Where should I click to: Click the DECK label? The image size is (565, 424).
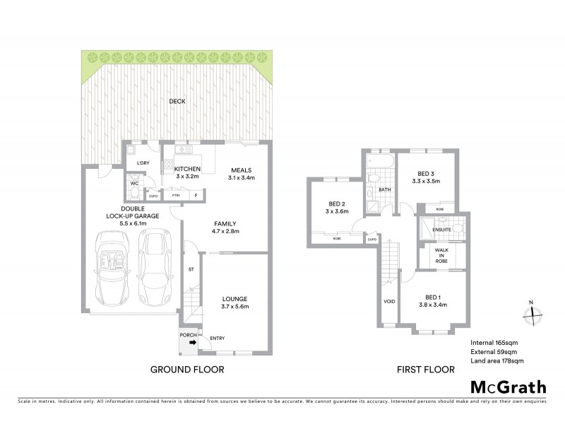click(x=177, y=101)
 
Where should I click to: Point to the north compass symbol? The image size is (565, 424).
click(x=531, y=316)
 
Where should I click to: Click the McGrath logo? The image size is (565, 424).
click(x=508, y=387)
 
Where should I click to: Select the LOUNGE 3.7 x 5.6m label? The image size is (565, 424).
click(x=234, y=302)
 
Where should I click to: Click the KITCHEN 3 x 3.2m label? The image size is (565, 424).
click(x=188, y=172)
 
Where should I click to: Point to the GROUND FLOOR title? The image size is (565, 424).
click(x=186, y=370)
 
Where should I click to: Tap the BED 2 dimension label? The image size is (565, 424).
click(x=337, y=207)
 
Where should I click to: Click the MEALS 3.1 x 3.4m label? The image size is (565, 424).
click(x=242, y=174)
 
